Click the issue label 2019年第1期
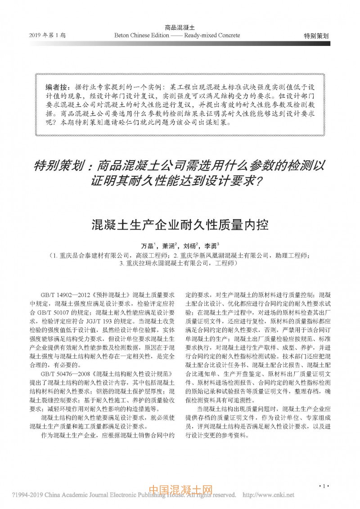click(x=47, y=35)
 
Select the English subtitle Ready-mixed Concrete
click(x=212, y=35)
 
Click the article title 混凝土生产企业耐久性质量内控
click(x=179, y=224)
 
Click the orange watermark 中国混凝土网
click(x=180, y=490)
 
